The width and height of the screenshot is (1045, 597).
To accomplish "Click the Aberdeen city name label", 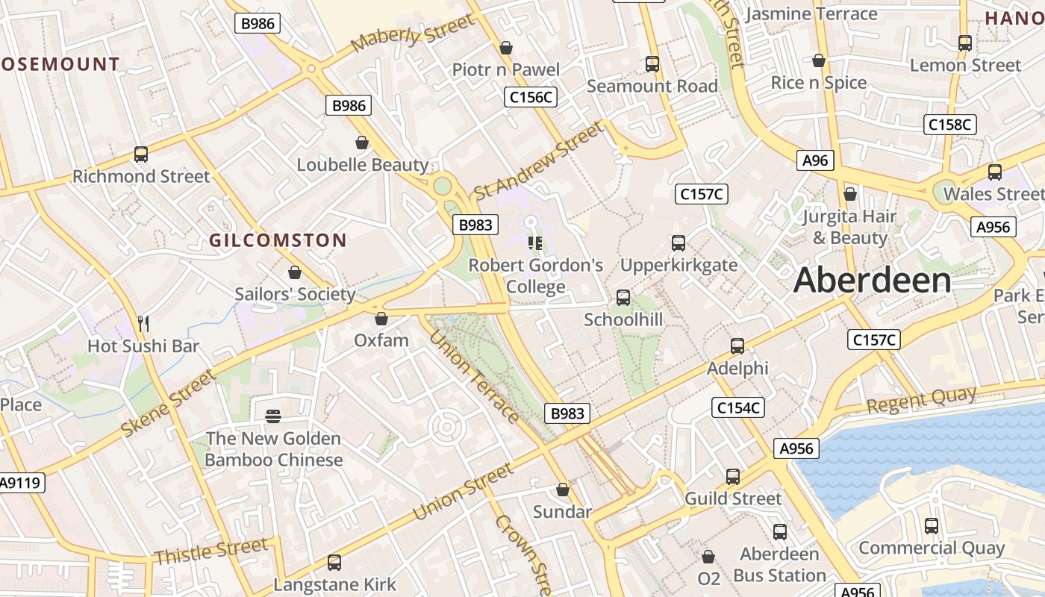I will [872, 281].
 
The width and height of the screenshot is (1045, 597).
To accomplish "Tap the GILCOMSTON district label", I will [278, 240].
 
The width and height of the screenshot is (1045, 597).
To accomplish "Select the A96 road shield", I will [815, 160].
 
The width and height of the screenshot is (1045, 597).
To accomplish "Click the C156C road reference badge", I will [531, 97].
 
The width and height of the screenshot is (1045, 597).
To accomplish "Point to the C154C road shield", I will [737, 407].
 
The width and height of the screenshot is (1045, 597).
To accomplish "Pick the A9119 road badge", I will [20, 483].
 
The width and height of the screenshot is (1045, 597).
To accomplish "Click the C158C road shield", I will [949, 125].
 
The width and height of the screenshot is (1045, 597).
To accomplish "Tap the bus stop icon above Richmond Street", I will [141, 154].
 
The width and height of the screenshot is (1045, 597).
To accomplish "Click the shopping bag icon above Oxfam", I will [381, 319].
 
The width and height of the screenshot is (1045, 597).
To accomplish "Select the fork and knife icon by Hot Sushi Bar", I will [143, 323].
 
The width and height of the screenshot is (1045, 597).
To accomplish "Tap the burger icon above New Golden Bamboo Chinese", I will [273, 416].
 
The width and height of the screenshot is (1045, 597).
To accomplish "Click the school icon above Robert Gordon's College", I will [534, 243].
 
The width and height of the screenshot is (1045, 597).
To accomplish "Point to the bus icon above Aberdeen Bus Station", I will [780, 532].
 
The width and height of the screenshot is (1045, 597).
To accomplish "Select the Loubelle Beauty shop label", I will [363, 165].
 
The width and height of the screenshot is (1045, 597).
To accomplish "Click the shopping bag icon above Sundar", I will [563, 490].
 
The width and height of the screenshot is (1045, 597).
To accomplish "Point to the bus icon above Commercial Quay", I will [932, 526].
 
